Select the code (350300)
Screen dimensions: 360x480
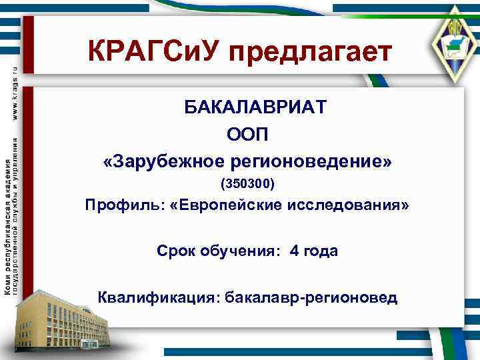[247, 182]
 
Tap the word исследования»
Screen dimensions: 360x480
[348, 206]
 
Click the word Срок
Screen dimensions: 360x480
[176, 251]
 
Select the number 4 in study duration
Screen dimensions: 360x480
[294, 251]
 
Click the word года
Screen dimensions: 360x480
[321, 251]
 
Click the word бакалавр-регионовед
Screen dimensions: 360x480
[311, 296]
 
